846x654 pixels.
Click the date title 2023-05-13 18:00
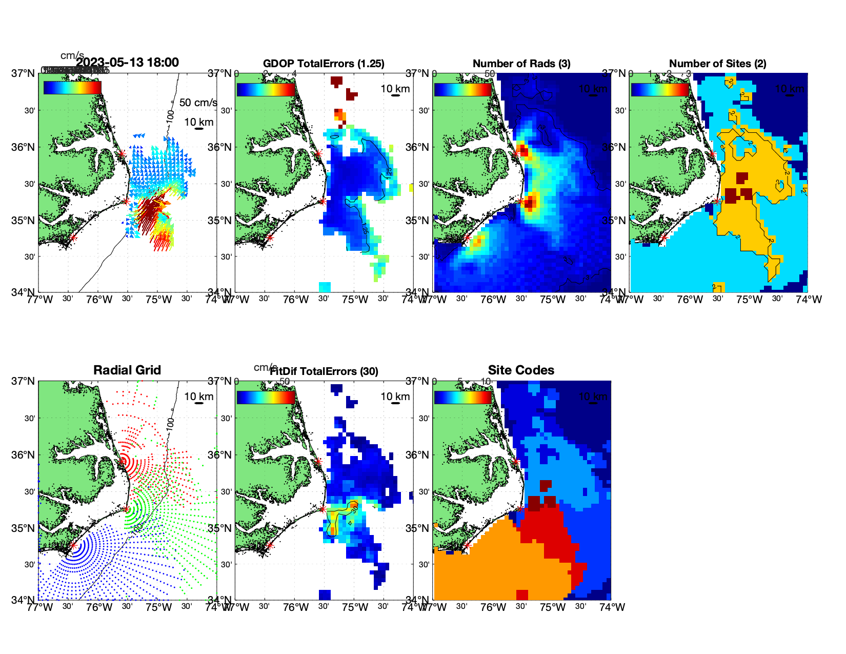click(127, 63)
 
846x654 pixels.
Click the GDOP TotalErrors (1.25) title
click(324, 64)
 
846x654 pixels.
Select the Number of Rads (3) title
click(521, 64)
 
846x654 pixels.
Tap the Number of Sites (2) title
click(717, 64)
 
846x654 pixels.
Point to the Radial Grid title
click(127, 370)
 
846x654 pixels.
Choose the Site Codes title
click(521, 370)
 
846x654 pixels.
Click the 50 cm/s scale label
click(198, 103)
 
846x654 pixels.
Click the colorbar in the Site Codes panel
click(462, 398)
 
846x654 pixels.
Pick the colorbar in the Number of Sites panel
click(659, 89)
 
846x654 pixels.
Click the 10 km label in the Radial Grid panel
click(199, 397)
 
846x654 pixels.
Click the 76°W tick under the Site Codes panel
click(493, 607)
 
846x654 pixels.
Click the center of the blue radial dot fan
click(73, 546)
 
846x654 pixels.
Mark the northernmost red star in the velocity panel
click(121, 153)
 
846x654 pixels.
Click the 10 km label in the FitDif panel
click(395, 397)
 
